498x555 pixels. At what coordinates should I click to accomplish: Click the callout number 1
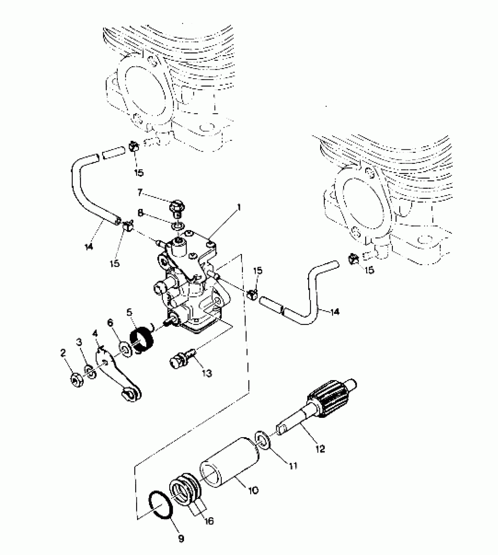pyautogui.click(x=239, y=208)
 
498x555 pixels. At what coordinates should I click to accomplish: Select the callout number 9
pyautogui.click(x=181, y=538)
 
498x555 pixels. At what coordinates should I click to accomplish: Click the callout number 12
pyautogui.click(x=321, y=449)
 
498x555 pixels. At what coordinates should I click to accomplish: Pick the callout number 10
pyautogui.click(x=253, y=490)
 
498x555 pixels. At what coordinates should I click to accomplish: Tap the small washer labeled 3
pyautogui.click(x=91, y=372)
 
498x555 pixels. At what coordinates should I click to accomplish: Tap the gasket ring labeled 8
pyautogui.click(x=178, y=226)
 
